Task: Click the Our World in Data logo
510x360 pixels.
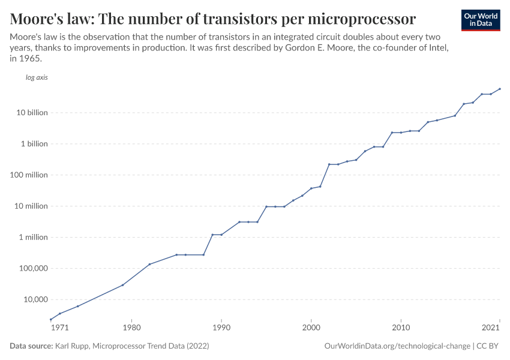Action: coord(480,20)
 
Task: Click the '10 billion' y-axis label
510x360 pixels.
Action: coord(32,113)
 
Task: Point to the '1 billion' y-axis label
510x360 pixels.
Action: coord(34,144)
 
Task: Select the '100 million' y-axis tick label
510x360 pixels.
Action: coord(30,175)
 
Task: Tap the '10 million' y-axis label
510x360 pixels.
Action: coord(32,206)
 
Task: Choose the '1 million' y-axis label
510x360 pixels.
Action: coord(34,237)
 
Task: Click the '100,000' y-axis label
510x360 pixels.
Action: coord(33,268)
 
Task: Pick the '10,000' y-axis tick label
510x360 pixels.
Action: coord(35,299)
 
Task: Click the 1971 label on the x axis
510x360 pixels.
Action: coord(59,328)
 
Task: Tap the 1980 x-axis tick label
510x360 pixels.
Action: coord(131,328)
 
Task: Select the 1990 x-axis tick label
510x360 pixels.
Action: coord(221,328)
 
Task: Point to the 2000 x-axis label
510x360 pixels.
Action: coord(311,328)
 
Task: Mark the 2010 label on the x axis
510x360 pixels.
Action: coord(401,328)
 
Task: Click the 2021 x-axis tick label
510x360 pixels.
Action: coord(491,328)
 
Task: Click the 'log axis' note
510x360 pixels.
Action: coord(37,77)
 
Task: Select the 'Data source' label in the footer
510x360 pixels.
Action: coord(31,346)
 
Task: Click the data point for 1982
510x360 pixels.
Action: coord(149,264)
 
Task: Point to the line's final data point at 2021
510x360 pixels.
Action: coord(500,89)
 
